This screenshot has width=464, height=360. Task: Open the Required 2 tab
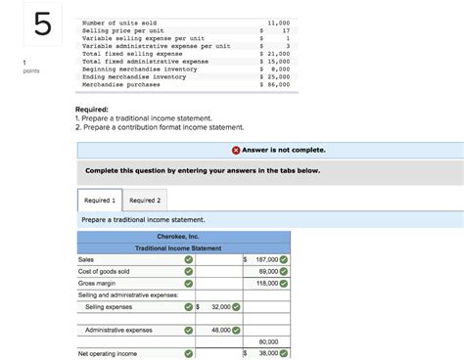pyautogui.click(x=145, y=200)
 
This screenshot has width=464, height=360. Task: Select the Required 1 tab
pyautogui.click(x=100, y=200)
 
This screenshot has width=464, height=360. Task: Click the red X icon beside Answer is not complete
pyautogui.click(x=237, y=150)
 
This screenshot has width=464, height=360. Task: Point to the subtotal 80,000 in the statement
pyautogui.click(x=268, y=341)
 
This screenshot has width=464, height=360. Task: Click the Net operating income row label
pyautogui.click(x=108, y=353)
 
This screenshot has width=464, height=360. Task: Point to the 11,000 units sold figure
pyautogui.click(x=278, y=22)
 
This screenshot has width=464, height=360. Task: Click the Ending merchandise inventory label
pyautogui.click(x=137, y=77)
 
